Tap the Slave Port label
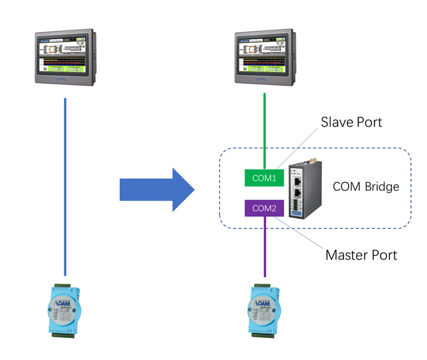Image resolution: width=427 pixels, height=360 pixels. coord(351,122)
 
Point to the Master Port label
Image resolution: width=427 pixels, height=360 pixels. coord(361,255)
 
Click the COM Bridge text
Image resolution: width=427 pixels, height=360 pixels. coord(366,187)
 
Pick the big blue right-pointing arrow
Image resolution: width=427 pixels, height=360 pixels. coord(157,190)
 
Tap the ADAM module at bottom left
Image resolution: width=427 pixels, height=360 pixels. coord(65,311)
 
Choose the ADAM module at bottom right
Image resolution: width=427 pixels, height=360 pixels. coord(265,311)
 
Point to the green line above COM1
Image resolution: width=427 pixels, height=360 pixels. coord(265,131)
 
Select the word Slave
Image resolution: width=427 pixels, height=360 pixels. coord(338,122)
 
